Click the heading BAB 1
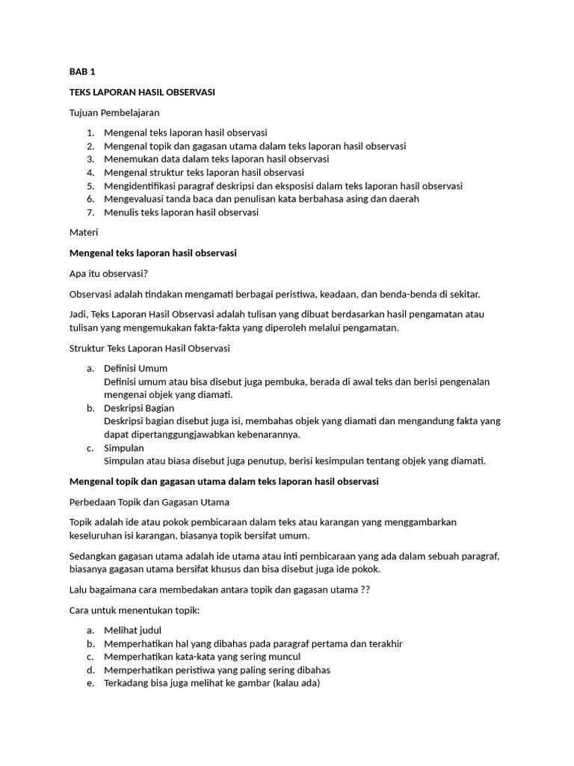pos(82,72)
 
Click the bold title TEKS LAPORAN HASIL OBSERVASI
pos(142,92)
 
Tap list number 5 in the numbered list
pos(90,186)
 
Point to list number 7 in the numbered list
pos(90,212)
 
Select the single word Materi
pos(84,233)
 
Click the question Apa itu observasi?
pos(109,273)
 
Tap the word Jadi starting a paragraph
pos(78,314)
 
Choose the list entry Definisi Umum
pos(135,368)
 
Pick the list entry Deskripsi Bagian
pos(139,408)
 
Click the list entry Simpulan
pos(124,447)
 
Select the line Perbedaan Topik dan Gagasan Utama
pos(149,501)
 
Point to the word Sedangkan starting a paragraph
pos(94,557)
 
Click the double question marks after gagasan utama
pos(365,589)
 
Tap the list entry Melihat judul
pos(132,630)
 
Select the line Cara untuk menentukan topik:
pos(135,610)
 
